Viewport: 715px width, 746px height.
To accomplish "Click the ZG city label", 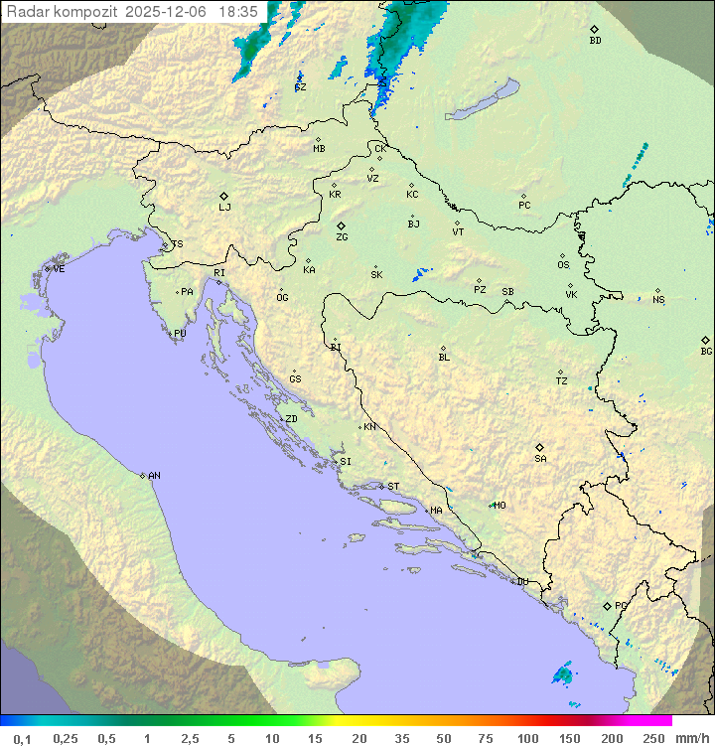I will tap(342, 237).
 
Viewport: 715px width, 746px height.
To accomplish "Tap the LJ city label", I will tap(224, 208).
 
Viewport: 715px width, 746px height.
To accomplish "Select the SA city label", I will tap(540, 459).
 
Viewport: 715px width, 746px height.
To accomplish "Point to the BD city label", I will tap(595, 41).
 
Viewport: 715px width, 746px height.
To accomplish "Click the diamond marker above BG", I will tap(705, 340).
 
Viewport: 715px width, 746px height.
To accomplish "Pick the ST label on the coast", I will tap(393, 487).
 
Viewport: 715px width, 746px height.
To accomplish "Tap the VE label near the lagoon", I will tap(59, 269).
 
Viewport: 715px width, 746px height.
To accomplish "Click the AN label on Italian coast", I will tap(154, 476).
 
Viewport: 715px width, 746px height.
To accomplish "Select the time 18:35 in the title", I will tap(238, 11).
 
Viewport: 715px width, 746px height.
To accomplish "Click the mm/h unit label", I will tap(691, 738).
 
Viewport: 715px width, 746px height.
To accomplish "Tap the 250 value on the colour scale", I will tap(653, 738).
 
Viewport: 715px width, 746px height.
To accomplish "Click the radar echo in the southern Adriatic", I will tap(563, 675).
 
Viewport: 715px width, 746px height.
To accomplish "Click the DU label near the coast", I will tap(521, 582).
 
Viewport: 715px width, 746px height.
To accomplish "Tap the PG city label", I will tap(621, 605).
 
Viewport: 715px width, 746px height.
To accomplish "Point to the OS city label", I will tap(563, 265).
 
